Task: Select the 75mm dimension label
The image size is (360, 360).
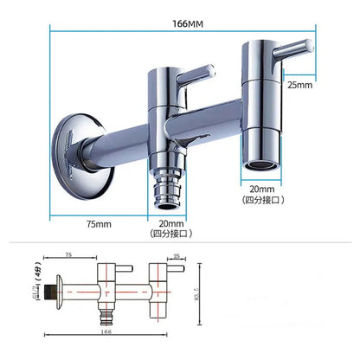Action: point(99,225)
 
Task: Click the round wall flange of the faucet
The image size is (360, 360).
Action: point(71,145)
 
